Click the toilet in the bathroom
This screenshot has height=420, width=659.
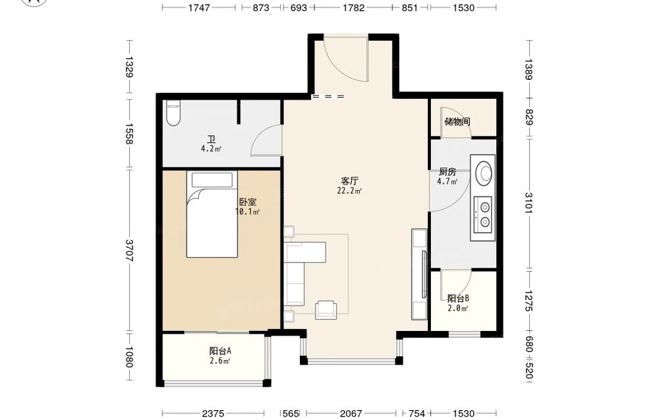pyautogui.click(x=173, y=113)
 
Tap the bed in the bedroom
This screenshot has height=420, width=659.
pyautogui.click(x=212, y=214)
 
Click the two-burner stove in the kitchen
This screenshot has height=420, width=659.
pyautogui.click(x=484, y=214)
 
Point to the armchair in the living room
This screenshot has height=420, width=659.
pyautogui.click(x=326, y=309)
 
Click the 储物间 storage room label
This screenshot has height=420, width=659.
pyautogui.click(x=457, y=122)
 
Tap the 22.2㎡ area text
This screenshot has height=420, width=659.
pyautogui.click(x=349, y=191)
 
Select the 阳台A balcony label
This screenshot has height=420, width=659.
pyautogui.click(x=220, y=351)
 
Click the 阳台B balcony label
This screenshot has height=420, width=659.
pyautogui.click(x=458, y=299)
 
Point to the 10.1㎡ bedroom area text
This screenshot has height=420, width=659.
pyautogui.click(x=248, y=212)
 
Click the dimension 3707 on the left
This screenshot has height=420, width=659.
pyautogui.click(x=129, y=251)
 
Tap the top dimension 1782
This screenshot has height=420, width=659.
pyautogui.click(x=353, y=7)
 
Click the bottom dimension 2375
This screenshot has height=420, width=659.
pyautogui.click(x=213, y=413)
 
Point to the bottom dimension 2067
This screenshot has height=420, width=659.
pyautogui.click(x=351, y=413)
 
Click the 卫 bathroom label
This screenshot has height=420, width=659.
pyautogui.click(x=211, y=139)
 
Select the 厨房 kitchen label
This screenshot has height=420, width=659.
pyautogui.click(x=447, y=171)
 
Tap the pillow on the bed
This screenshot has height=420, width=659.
pyautogui.click(x=212, y=179)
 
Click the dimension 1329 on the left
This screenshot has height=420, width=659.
pyautogui.click(x=129, y=67)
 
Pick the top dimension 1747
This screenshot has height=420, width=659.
pyautogui.click(x=199, y=7)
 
